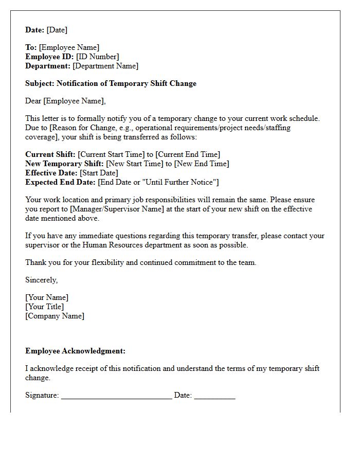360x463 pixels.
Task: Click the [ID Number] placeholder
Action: (x=97, y=57)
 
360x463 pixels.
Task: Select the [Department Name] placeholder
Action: (x=105, y=66)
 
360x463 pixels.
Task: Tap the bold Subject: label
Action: (x=40, y=83)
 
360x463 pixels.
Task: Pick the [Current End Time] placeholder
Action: (x=188, y=154)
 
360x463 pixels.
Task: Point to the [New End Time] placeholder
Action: (x=202, y=164)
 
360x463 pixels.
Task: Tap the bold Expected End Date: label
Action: (x=60, y=182)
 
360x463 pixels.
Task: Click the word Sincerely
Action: (x=41, y=280)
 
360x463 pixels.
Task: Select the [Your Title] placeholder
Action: (x=45, y=307)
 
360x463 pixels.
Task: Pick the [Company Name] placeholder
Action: (x=55, y=316)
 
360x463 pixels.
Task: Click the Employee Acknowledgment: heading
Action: (x=75, y=351)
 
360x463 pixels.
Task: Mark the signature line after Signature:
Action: (x=116, y=396)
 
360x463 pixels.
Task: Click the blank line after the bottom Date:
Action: (x=214, y=396)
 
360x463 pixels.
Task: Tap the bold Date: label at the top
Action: (x=35, y=30)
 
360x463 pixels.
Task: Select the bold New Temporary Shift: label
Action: (x=64, y=164)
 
